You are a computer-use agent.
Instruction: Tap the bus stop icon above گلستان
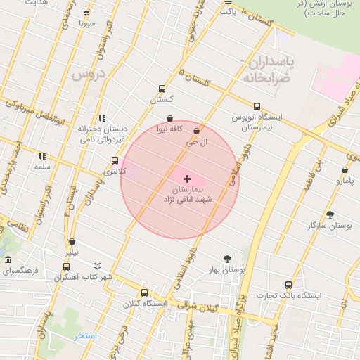[x=162, y=89]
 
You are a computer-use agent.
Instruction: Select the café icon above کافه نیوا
[x=169, y=118]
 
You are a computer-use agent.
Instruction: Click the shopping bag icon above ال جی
[x=196, y=131]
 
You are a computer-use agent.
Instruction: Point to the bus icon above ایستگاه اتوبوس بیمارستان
[x=257, y=105]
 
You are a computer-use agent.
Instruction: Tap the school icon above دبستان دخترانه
[x=102, y=118]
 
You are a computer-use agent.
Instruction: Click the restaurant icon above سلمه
[x=42, y=156]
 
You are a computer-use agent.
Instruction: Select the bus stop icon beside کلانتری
[x=115, y=160]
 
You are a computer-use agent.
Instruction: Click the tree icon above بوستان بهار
[x=226, y=259]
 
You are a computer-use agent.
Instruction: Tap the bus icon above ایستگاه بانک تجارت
[x=289, y=285]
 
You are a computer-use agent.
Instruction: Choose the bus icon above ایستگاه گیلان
[x=144, y=292]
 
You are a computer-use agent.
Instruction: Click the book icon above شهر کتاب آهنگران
[x=97, y=266]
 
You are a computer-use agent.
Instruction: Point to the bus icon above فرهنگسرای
[x=67, y=266]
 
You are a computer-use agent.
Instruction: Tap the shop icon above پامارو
[x=345, y=170]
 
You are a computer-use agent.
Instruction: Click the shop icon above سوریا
[x=86, y=13]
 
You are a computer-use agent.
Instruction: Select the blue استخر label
[x=85, y=335]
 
